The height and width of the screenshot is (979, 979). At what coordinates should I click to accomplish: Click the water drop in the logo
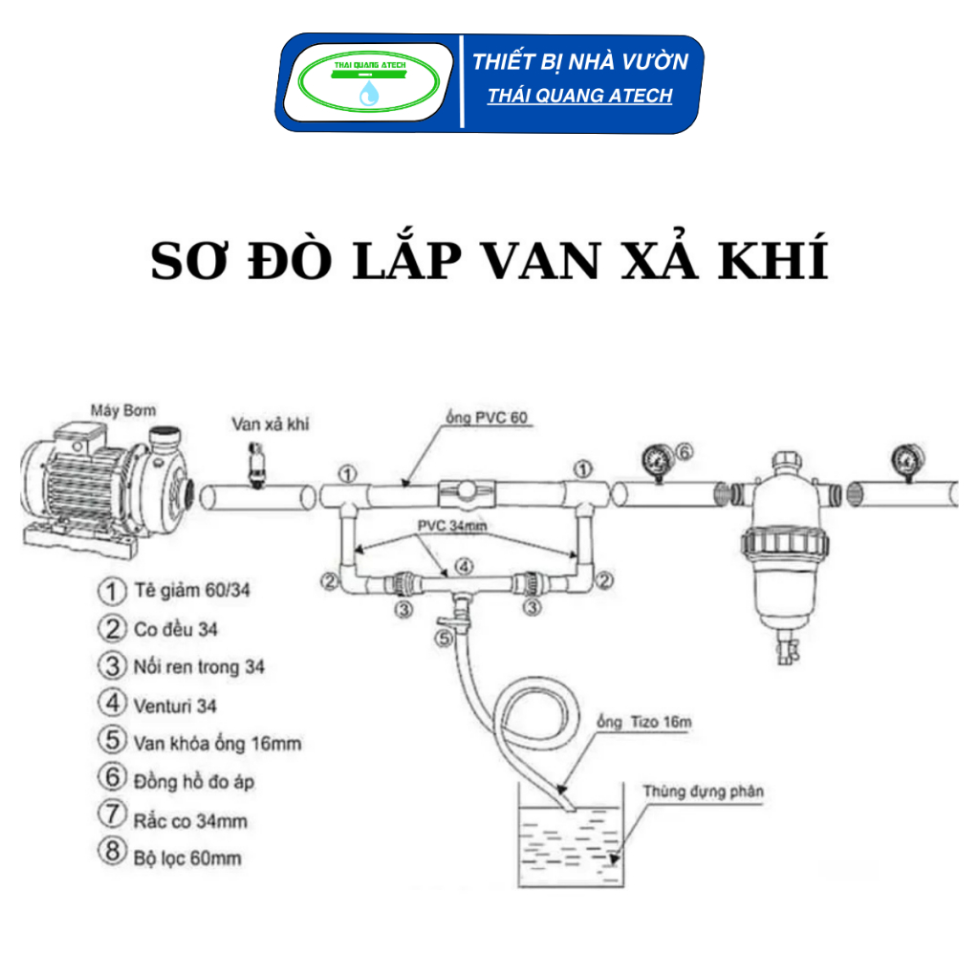click(x=369, y=93)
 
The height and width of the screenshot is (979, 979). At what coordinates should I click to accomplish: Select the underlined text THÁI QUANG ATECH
click(x=579, y=96)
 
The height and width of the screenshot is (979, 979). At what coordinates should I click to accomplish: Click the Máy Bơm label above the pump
click(x=123, y=410)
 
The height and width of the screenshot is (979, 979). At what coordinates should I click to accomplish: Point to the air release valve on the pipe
click(x=256, y=465)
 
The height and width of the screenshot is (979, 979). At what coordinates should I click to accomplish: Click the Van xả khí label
click(x=271, y=424)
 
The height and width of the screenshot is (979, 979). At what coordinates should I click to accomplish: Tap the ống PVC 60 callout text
click(x=487, y=417)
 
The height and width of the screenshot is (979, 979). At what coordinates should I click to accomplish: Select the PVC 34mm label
click(x=451, y=526)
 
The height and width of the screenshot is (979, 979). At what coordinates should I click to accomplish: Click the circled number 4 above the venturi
click(x=464, y=566)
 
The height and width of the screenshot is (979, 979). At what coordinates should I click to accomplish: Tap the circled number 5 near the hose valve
click(x=444, y=639)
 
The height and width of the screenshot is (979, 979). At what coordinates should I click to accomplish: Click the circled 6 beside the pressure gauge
click(x=685, y=451)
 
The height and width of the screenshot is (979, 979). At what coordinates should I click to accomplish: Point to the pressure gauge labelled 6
click(x=658, y=462)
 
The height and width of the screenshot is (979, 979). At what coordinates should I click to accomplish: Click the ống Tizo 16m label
click(x=643, y=723)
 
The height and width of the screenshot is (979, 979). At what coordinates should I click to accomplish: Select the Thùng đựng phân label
click(x=703, y=792)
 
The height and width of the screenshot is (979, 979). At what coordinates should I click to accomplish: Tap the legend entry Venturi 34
click(x=175, y=707)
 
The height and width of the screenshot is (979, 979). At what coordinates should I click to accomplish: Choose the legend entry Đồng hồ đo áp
click(x=193, y=782)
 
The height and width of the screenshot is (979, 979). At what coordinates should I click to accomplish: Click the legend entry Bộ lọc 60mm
click(x=187, y=859)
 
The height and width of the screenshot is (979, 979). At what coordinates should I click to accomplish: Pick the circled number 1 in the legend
click(x=112, y=591)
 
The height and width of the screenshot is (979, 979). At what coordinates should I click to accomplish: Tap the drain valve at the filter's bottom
click(x=786, y=648)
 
